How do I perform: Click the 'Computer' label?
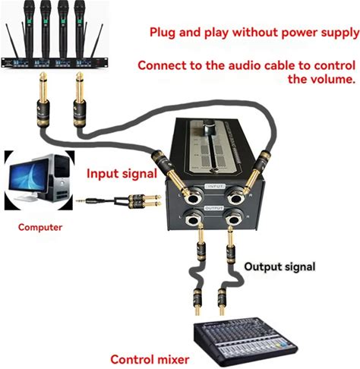40,227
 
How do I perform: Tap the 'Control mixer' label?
150,359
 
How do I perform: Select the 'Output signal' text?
279,266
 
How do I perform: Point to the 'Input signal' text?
122,174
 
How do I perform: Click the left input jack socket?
194,197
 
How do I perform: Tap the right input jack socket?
237,196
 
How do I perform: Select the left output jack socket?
194,218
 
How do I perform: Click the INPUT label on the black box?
216,186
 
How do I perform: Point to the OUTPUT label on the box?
214,208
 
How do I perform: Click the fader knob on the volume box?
210,128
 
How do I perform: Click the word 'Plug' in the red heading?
163,33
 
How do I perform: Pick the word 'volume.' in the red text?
321,79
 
